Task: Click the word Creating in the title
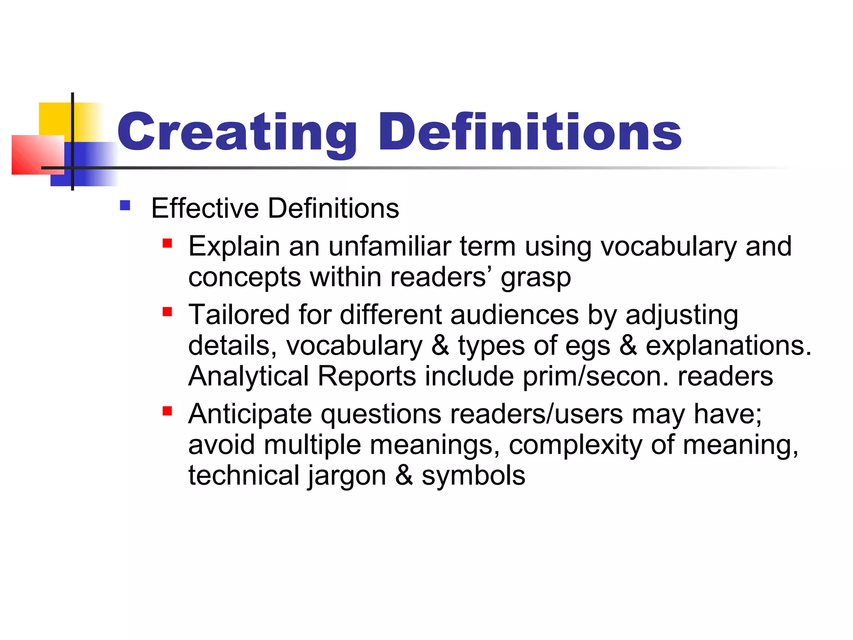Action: [237, 132]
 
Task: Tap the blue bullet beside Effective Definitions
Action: [125, 206]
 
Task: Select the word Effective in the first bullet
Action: [205, 208]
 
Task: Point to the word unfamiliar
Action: [390, 246]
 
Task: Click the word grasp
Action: [536, 278]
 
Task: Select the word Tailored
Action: [239, 315]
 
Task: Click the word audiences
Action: [514, 315]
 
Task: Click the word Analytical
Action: [248, 377]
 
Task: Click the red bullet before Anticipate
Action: [167, 412]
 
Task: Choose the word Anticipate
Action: [250, 415]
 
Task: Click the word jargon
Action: [347, 476]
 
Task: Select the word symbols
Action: [473, 476]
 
